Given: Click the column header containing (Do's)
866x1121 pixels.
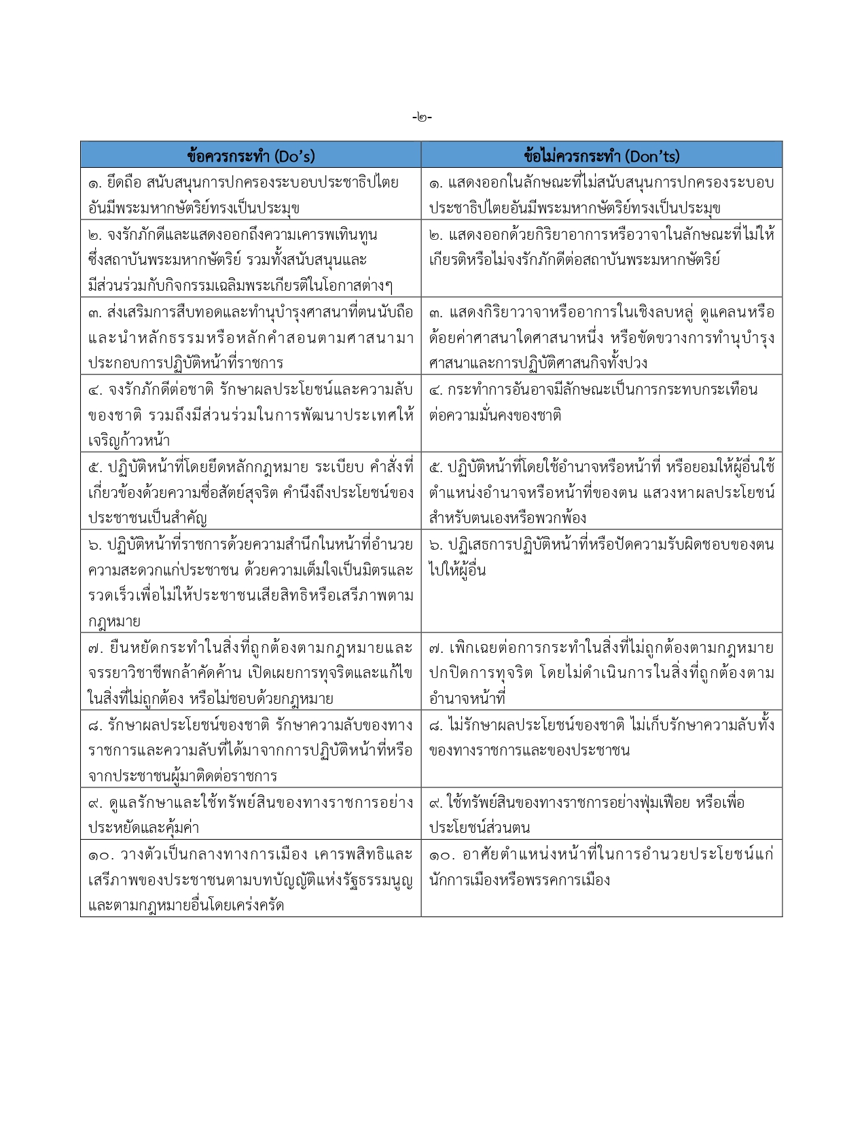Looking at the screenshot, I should point(251,156).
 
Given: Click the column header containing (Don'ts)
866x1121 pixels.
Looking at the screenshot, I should point(601,156).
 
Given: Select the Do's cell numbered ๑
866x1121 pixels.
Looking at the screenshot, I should point(251,194).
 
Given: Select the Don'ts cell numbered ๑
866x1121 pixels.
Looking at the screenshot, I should point(601,194).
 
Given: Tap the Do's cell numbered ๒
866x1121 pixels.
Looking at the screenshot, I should point(251,259).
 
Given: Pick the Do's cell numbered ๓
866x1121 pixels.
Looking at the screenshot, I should point(251,337).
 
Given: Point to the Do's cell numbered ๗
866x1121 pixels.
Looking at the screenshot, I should point(251,673).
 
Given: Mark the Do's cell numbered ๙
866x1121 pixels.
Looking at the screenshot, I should point(251,815).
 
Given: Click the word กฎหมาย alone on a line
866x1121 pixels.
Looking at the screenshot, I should point(114,621).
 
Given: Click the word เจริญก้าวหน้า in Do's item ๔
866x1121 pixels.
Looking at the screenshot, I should point(129,440).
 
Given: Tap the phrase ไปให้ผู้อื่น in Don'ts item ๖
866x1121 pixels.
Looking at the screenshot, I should point(457,570).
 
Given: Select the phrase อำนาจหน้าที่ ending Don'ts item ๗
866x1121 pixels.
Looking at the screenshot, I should point(467,698).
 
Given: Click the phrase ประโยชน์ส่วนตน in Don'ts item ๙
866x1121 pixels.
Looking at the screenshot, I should point(480,828).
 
